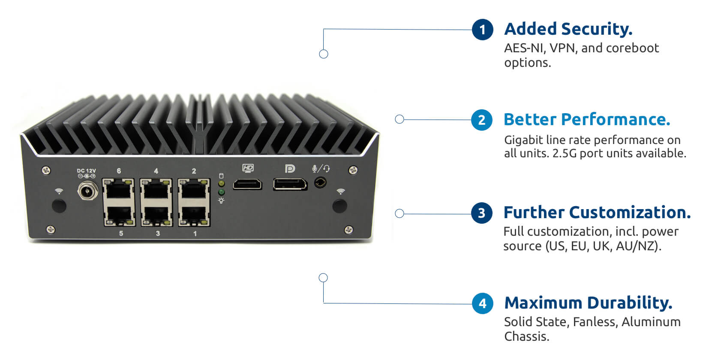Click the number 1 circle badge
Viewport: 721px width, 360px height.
[x=483, y=30]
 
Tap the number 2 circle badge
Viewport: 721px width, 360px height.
[x=482, y=120]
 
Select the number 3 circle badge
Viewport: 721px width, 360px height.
[x=482, y=213]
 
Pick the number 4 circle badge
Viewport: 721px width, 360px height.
[x=483, y=303]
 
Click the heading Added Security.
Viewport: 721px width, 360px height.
[x=568, y=29]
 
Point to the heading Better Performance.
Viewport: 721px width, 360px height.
[x=587, y=120]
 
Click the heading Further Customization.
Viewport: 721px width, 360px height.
[x=597, y=213]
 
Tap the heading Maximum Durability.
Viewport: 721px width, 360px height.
[x=588, y=303]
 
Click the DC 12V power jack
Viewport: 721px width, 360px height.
[x=87, y=191]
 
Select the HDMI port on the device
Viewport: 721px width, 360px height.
[x=247, y=185]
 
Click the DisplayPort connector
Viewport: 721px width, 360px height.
[x=290, y=184]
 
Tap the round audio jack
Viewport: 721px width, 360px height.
[x=320, y=183]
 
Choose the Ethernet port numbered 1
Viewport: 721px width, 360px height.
[x=194, y=216]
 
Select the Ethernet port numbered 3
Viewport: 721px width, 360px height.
[x=156, y=216]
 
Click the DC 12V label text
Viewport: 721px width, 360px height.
[x=86, y=171]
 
